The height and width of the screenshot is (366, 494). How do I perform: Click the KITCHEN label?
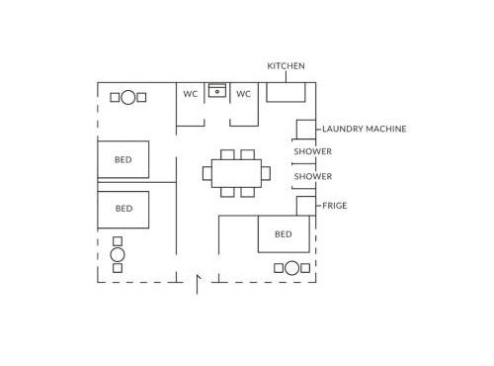click(x=286, y=66)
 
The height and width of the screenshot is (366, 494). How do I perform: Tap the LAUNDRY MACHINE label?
click(x=365, y=129)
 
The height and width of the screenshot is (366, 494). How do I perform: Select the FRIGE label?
click(x=335, y=206)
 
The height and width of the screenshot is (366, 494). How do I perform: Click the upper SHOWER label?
click(x=313, y=151)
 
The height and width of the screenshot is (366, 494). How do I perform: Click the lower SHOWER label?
click(x=313, y=177)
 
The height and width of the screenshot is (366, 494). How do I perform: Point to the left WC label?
click(x=191, y=94)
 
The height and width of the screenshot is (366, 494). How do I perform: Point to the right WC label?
click(x=243, y=94)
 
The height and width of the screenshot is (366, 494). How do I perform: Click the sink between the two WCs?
click(x=217, y=91)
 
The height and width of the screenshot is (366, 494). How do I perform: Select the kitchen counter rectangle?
click(x=286, y=92)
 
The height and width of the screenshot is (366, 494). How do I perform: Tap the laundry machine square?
click(x=306, y=130)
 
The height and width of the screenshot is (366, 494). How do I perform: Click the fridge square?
click(x=306, y=206)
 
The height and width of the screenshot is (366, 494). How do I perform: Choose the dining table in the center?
click(x=236, y=173)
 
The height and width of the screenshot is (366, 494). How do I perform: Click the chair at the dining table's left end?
click(x=207, y=173)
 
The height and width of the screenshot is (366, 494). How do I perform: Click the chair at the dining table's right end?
click(x=266, y=173)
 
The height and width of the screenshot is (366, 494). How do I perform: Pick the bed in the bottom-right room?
click(x=284, y=234)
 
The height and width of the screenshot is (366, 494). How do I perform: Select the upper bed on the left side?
click(x=123, y=159)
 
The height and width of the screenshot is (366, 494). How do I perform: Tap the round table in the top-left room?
click(x=128, y=98)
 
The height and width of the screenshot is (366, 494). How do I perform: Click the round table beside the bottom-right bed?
click(x=291, y=268)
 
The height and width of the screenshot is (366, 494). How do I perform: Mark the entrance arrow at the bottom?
click(x=198, y=284)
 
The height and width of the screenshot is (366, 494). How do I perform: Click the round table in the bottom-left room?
click(x=118, y=254)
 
